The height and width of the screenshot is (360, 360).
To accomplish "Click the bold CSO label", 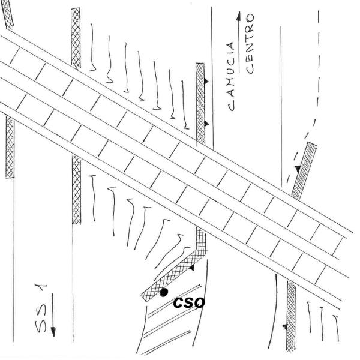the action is tap(189, 302).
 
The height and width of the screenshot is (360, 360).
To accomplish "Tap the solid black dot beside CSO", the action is tap(163, 293).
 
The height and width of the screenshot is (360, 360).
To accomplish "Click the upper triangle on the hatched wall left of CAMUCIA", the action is tap(206, 80).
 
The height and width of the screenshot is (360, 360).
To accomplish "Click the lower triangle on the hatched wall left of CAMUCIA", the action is tap(206, 123).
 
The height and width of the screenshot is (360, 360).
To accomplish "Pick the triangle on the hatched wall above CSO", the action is tap(191, 268).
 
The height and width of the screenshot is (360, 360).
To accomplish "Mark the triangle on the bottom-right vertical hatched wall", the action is tap(284, 327).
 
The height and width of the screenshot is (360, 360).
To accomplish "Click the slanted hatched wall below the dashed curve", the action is tap(304, 170).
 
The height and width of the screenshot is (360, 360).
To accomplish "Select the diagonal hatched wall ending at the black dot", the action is tap(174, 275).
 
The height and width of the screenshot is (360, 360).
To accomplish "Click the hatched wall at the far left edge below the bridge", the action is tap(10, 148).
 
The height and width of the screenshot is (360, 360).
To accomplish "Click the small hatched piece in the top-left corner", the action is tap(8, 14).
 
